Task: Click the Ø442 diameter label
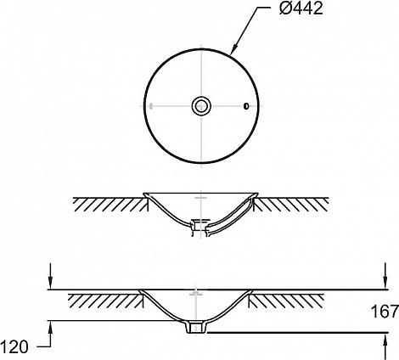301,8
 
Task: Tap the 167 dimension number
385,312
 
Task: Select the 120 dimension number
14,347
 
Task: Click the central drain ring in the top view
201,106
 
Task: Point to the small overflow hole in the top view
246,106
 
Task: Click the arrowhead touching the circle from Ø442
233,49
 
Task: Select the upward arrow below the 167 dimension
385,346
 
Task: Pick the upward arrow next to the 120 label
50,334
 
